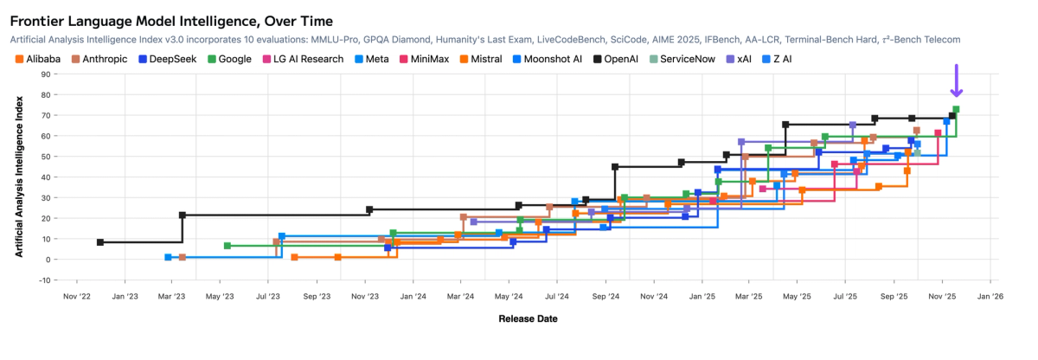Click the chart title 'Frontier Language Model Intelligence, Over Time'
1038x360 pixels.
click(x=171, y=20)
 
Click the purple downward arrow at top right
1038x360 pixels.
click(x=956, y=81)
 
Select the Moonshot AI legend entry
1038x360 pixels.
click(x=548, y=59)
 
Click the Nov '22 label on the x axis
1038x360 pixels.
click(x=78, y=296)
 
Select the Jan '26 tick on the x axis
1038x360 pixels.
click(x=990, y=296)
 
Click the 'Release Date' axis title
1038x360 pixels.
click(x=528, y=318)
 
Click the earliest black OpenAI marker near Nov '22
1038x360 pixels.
click(x=100, y=242)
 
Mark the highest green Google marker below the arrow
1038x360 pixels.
click(x=956, y=110)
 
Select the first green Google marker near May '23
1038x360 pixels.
click(x=227, y=246)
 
